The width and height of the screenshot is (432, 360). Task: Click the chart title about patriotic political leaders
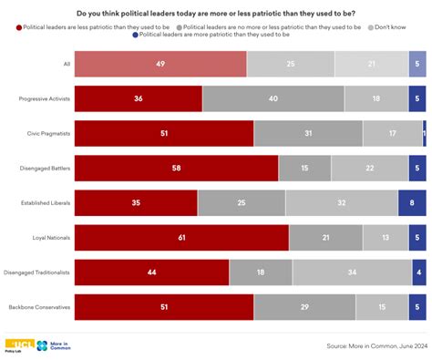pos(215,13)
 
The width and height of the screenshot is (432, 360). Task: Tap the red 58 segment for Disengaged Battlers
pos(176,168)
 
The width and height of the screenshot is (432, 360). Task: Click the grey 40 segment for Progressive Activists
pos(273,98)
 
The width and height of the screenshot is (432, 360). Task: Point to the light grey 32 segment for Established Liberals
pos(342,202)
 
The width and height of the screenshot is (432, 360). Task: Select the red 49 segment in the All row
pos(159,64)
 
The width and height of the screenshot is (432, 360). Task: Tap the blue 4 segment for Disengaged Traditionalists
pos(418,272)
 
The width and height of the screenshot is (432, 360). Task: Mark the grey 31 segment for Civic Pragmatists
pos(308,133)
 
